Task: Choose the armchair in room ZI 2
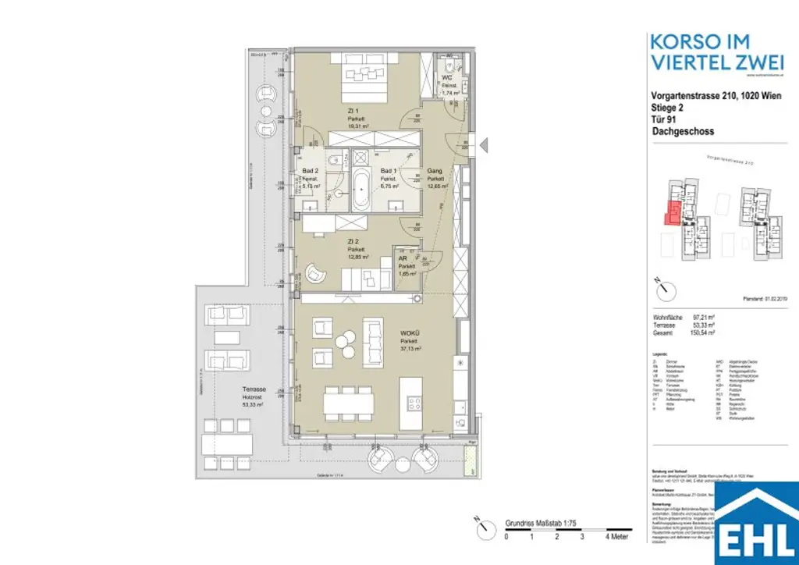point(318,272)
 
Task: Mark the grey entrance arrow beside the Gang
point(484,144)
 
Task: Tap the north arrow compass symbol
point(663,289)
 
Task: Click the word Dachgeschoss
point(682,132)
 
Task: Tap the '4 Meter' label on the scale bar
point(618,538)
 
